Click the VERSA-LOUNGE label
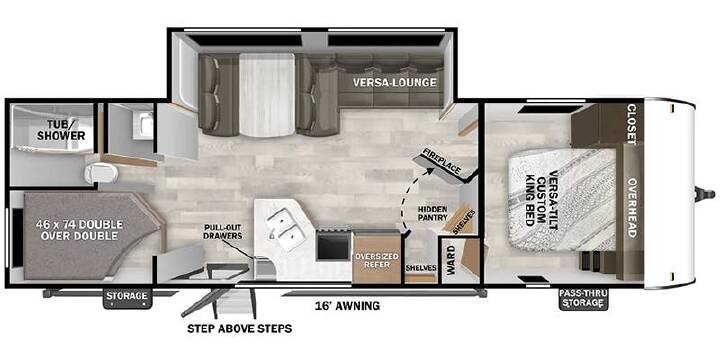coord(394,83)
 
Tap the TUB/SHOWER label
coord(62,130)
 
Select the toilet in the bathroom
coord(101,174)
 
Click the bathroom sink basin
coord(146,124)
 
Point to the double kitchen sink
coord(285,229)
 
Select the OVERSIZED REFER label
coord(376,260)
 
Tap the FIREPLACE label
coord(442,161)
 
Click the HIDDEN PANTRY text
coord(432,213)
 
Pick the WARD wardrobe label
coord(451,260)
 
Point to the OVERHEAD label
coord(631,208)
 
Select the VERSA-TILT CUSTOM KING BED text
coord(540,198)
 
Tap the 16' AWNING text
coord(347,305)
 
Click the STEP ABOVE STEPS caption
coord(239,329)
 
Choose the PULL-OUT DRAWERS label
coord(223,232)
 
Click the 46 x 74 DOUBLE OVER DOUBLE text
coord(79,230)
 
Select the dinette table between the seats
coord(266,95)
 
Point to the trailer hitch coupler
coord(705,194)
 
